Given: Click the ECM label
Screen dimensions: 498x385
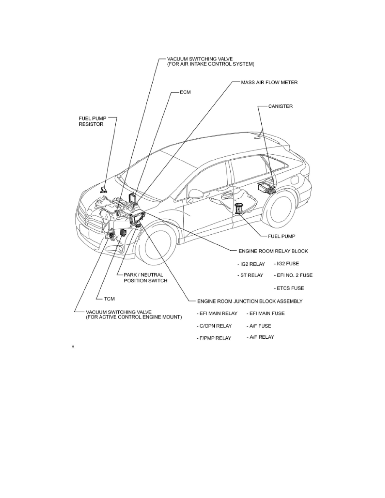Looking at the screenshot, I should (x=185, y=92).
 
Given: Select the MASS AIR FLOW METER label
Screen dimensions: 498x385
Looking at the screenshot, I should (x=269, y=83).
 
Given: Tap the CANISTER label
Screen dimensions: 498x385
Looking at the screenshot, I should (x=281, y=106).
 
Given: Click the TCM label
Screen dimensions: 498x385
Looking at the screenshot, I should (x=109, y=299).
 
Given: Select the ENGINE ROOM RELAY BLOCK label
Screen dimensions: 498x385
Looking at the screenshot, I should (x=273, y=251).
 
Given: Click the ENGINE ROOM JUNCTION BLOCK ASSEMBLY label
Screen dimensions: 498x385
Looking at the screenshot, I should (x=250, y=301).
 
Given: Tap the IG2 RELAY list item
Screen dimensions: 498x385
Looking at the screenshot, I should (x=251, y=265).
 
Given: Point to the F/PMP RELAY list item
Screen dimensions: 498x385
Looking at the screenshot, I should (x=214, y=338).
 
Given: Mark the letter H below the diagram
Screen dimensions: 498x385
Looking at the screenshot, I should (x=73, y=347).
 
